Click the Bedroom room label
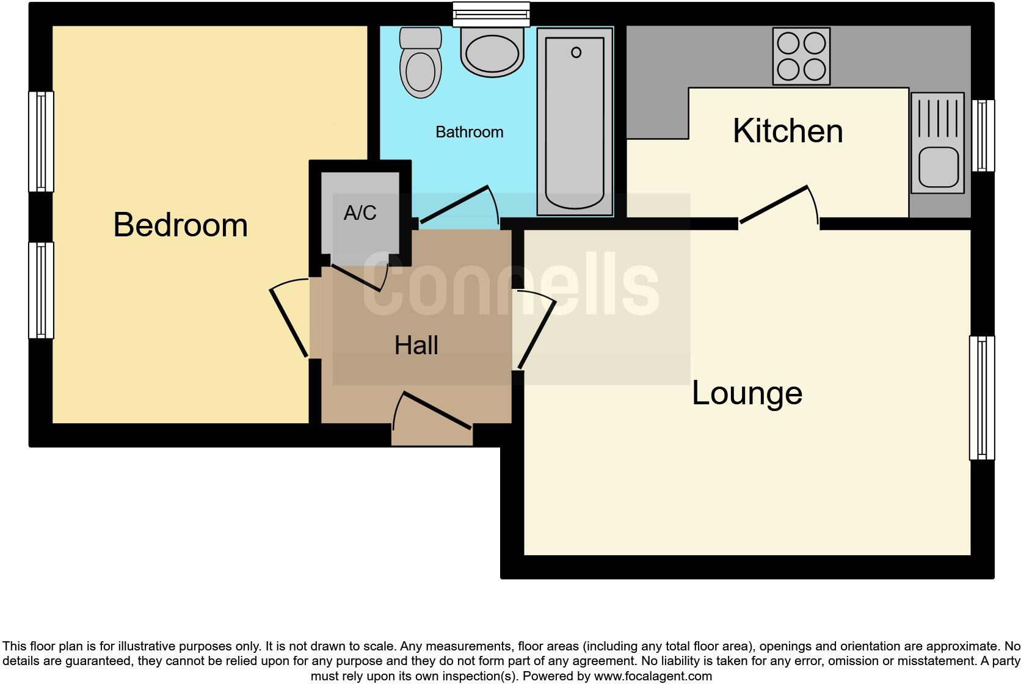tap(180, 225)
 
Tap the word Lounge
tap(746, 393)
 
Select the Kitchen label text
tap(787, 131)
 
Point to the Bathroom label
tap(469, 132)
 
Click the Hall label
tap(416, 346)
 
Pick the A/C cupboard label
tap(360, 213)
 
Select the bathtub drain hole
tap(576, 53)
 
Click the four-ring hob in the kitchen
tap(801, 56)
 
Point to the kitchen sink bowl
tap(937, 167)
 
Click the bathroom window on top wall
tap(491, 14)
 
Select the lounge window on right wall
tap(981, 398)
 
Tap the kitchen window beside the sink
tap(983, 136)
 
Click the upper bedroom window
tap(42, 141)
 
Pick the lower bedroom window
tap(42, 290)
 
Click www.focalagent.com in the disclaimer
tap(653, 676)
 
